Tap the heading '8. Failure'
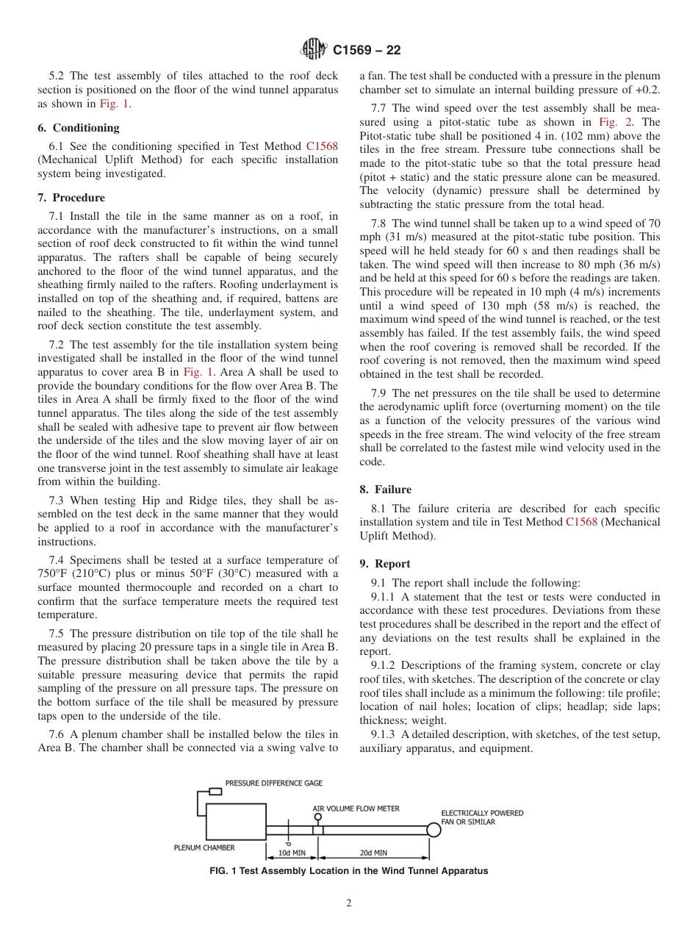coord(385,489)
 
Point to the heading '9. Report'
coord(385,563)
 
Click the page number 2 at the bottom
coord(349,903)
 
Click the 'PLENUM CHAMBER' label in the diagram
coord(204,847)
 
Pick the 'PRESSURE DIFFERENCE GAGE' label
coord(273,784)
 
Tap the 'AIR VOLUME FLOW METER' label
coord(356,809)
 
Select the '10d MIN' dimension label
coord(292,853)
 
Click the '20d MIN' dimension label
coord(373,853)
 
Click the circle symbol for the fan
coord(434,830)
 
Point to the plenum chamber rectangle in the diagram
coord(237,821)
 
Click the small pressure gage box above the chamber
coord(215,792)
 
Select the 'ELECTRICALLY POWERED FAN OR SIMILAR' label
coord(482,817)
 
